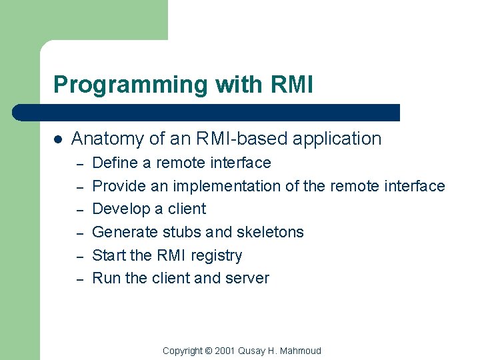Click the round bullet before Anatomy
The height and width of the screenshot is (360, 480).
point(59,139)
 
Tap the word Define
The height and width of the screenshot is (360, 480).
point(114,163)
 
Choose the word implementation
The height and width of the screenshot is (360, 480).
point(226,186)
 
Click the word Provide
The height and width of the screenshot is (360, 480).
point(120,186)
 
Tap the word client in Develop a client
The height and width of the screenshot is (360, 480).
point(186,209)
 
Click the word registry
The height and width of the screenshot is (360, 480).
point(217,255)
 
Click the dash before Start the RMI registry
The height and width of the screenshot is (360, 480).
point(78,256)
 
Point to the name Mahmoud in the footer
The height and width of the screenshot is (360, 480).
point(301,351)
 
